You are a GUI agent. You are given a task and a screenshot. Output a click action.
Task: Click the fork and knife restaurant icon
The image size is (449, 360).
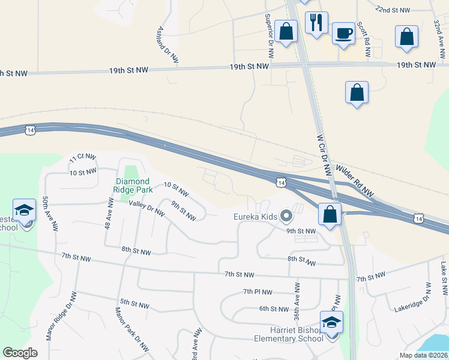316,22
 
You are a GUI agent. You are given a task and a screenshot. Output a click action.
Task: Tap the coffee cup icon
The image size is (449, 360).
344,33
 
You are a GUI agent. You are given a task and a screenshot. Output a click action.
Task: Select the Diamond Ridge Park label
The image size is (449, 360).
133,185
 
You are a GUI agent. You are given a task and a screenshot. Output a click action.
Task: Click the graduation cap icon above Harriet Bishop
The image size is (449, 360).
332,322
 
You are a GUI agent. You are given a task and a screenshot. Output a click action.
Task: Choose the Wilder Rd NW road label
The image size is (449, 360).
355,182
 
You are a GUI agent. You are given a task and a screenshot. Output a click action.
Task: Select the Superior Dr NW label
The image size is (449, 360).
269,31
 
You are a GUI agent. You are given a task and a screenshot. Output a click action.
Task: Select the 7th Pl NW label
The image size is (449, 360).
259,292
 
